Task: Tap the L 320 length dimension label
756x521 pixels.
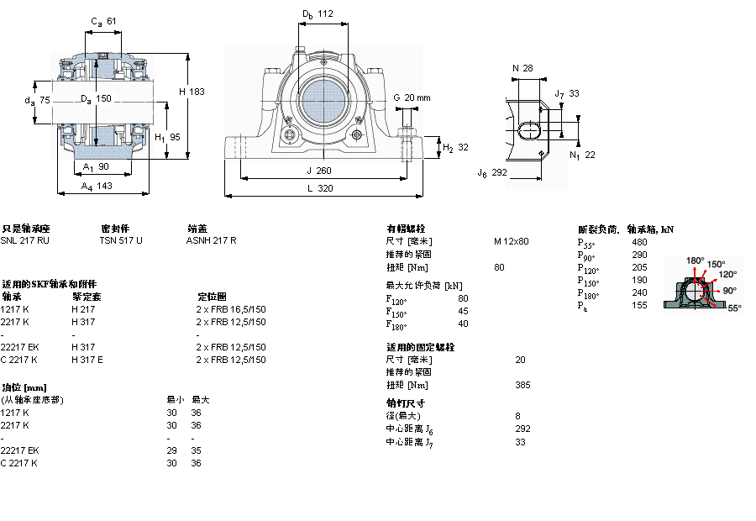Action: pos(319,189)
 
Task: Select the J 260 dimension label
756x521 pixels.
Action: pos(319,170)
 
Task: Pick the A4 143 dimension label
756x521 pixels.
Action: pos(97,187)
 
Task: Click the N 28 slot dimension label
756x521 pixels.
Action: pos(522,68)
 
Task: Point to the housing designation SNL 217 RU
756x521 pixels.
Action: pos(25,240)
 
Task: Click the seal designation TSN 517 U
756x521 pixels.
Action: pos(121,240)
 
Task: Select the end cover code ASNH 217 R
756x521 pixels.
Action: pos(211,240)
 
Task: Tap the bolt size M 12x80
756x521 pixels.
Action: pos(511,241)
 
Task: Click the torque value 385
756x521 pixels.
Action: pos(522,385)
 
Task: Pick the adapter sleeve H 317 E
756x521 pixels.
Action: pos(87,359)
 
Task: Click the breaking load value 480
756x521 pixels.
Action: pos(639,242)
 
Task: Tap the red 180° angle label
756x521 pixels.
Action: pos(695,260)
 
